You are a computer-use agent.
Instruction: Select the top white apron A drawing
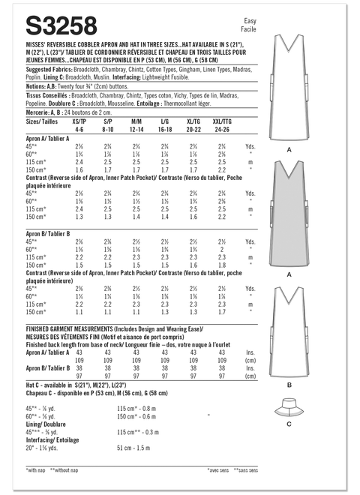[289, 82]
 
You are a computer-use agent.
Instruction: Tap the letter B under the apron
[289, 385]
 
